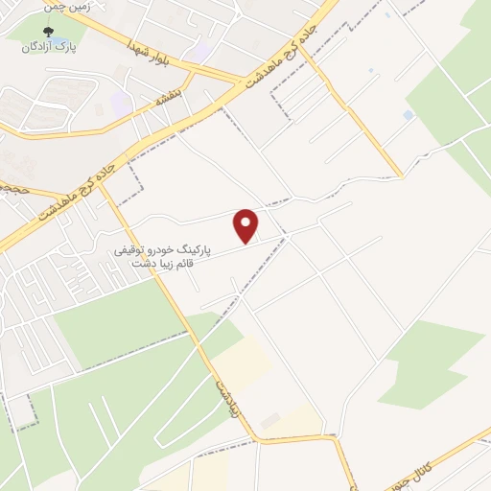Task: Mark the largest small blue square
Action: tap(409, 115)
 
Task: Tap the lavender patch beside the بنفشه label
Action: tap(122, 102)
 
